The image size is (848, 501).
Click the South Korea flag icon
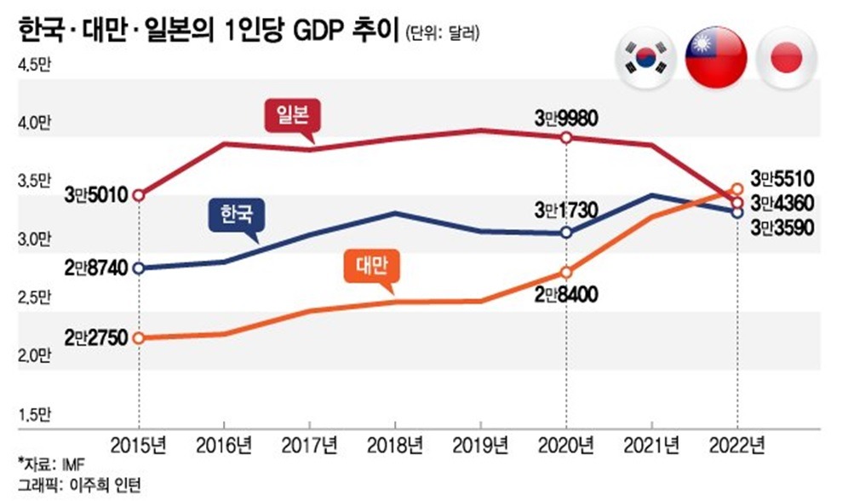(645, 57)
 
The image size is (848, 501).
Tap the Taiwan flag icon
(716, 57)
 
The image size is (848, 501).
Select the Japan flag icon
(785, 57)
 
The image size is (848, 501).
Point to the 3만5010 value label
(96, 195)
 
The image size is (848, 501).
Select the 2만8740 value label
(96, 268)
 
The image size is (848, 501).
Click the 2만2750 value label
(96, 337)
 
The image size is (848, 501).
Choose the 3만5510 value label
(782, 178)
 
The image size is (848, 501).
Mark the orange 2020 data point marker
(566, 273)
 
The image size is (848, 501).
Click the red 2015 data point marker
(138, 195)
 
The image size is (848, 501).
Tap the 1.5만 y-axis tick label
(36, 416)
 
